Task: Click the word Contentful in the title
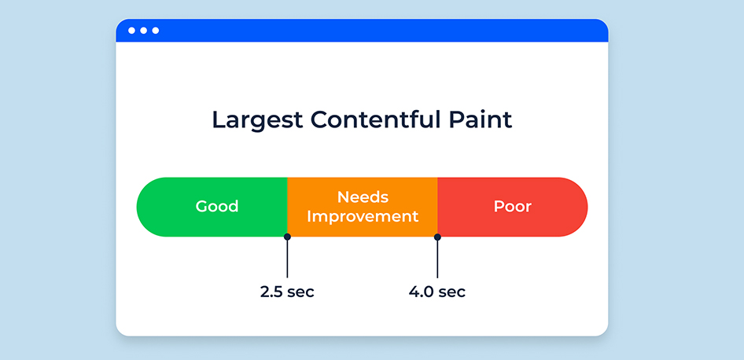click(369, 119)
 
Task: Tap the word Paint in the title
click(474, 119)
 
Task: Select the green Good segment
click(212, 207)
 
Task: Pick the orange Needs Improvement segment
click(363, 207)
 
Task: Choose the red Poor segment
click(513, 207)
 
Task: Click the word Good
click(217, 206)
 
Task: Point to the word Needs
click(363, 197)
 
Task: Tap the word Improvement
click(363, 217)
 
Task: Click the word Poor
click(513, 206)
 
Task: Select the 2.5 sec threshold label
click(287, 292)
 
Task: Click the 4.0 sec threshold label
click(437, 292)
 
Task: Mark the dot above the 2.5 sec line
click(287, 237)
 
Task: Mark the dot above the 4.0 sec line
click(437, 237)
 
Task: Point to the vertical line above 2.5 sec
click(287, 259)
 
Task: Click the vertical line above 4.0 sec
click(437, 259)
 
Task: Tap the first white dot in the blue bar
click(131, 31)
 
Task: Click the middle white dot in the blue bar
click(143, 31)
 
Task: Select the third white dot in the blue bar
click(156, 31)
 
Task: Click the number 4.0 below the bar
click(421, 292)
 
